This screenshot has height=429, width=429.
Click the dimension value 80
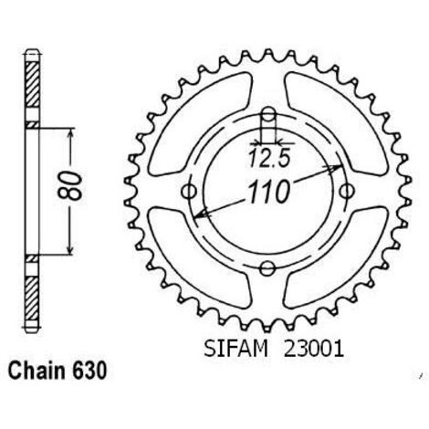(70, 186)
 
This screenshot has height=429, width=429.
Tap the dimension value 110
(267, 193)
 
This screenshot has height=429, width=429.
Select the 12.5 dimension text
(268, 159)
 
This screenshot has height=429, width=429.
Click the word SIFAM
(236, 349)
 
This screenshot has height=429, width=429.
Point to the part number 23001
(314, 349)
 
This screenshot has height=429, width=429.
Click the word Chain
(37, 371)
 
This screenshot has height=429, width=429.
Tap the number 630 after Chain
(89, 371)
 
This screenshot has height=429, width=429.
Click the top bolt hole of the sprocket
(268, 115)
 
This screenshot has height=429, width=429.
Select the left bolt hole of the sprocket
(189, 192)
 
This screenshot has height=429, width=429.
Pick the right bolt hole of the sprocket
(347, 192)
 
